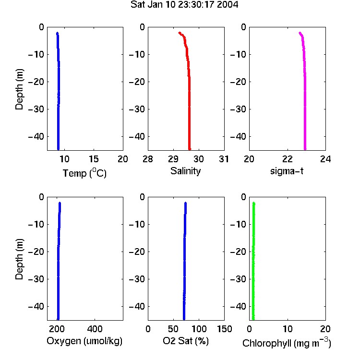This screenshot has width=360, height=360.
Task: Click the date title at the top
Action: click(x=184, y=5)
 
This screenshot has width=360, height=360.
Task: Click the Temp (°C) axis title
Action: click(x=84, y=173)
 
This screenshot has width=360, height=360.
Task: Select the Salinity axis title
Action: click(x=185, y=171)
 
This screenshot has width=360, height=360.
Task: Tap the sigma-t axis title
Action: click(x=287, y=171)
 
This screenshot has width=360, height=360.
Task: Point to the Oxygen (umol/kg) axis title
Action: click(x=84, y=341)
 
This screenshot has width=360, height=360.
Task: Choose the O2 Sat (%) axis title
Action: click(x=185, y=341)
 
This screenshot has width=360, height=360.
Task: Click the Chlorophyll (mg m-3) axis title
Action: click(x=287, y=343)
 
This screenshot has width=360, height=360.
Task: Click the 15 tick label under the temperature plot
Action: click(x=94, y=159)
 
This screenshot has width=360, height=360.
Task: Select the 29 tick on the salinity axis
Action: click(x=173, y=159)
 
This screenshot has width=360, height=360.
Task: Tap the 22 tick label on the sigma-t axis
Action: click(x=288, y=159)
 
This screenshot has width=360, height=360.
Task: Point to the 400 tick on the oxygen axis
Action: click(x=95, y=329)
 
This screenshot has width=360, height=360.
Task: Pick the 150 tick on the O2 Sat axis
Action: click(x=224, y=329)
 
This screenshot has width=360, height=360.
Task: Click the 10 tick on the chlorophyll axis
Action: click(x=288, y=329)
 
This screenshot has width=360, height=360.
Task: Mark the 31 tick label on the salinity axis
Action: click(x=224, y=159)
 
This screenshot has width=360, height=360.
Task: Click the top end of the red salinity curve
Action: click(x=180, y=33)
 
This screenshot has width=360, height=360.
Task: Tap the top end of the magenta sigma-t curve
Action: click(x=300, y=33)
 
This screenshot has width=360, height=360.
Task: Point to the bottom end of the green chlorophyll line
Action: click(x=253, y=319)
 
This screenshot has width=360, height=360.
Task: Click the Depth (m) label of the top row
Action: click(x=19, y=89)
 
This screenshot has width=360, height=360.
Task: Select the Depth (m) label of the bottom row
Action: click(x=19, y=259)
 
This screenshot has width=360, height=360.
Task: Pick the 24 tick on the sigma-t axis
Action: click(x=325, y=159)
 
